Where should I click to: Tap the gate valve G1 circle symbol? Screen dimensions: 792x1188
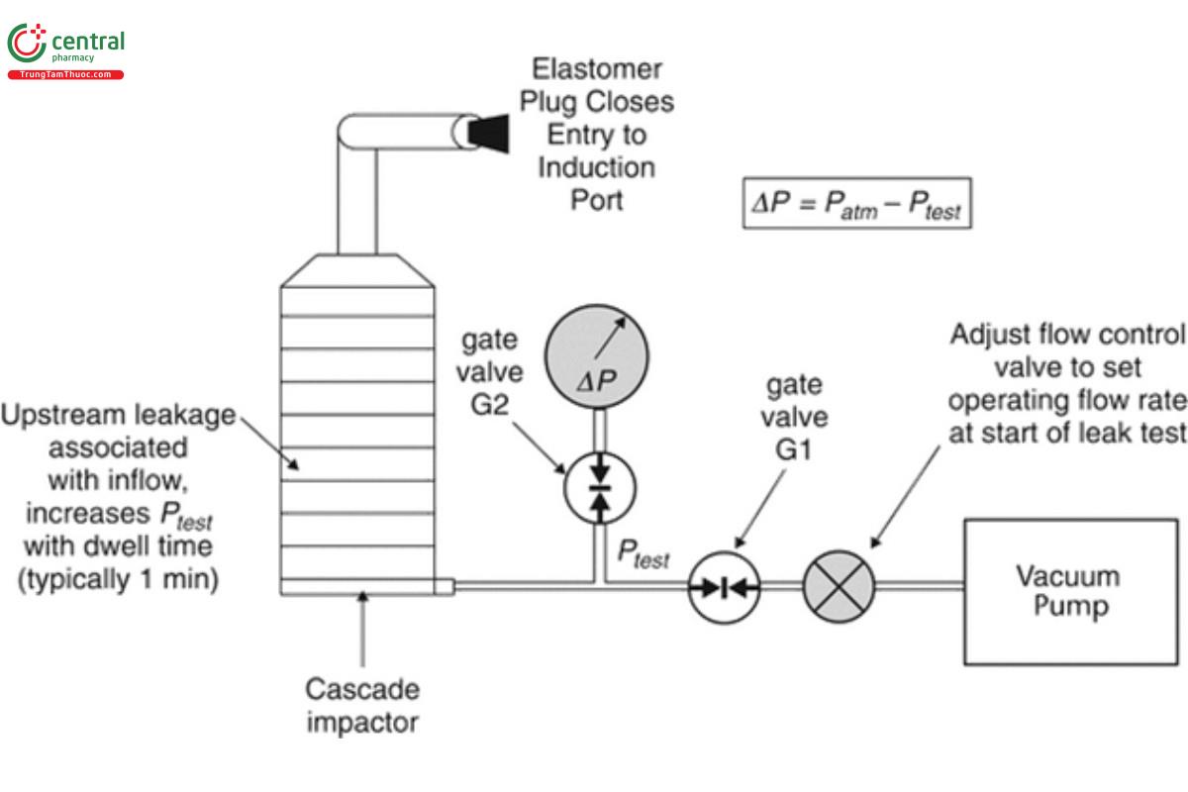click(723, 587)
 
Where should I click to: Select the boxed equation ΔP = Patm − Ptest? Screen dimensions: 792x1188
click(857, 203)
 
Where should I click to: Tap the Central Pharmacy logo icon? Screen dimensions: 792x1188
click(26, 45)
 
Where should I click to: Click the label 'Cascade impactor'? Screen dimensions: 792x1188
click(361, 705)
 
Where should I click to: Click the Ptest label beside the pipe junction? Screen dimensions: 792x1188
click(643, 553)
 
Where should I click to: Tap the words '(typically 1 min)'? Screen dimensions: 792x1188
click(118, 580)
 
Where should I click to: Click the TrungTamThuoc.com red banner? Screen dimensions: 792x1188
click(65, 75)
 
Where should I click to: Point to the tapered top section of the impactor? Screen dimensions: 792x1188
click(357, 269)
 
